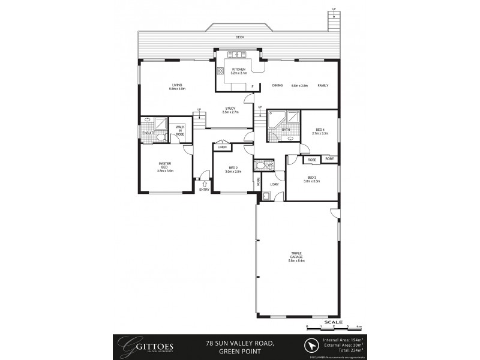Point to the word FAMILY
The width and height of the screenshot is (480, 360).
[x=323, y=86]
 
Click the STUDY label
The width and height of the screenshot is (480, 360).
[x=230, y=110]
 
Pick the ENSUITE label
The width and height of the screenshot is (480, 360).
[x=149, y=133]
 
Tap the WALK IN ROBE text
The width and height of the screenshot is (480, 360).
[x=180, y=131]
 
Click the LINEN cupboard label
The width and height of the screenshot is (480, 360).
[x=222, y=146]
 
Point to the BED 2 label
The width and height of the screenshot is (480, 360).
[x=233, y=170]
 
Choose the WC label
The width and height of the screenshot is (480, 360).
[x=271, y=164]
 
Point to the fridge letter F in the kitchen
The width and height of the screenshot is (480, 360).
[x=253, y=87]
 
